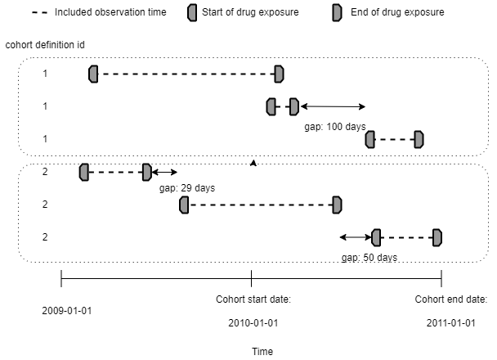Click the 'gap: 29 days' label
pyautogui.click(x=187, y=188)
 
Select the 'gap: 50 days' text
pyautogui.click(x=369, y=257)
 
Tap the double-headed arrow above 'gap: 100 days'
pyautogui.click(x=332, y=106)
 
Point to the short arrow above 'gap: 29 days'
pyautogui.click(x=164, y=172)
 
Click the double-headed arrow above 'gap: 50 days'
pyautogui.click(x=355, y=237)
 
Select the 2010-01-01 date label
pyautogui.click(x=253, y=323)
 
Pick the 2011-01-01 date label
pyautogui.click(x=450, y=323)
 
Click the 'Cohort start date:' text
pyautogui.click(x=253, y=299)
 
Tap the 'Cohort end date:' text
pyautogui.click(x=450, y=299)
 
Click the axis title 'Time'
pyautogui.click(x=262, y=351)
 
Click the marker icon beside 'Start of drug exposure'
pyautogui.click(x=191, y=12)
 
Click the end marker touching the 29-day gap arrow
pyautogui.click(x=147, y=172)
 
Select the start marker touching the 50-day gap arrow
pyautogui.click(x=376, y=237)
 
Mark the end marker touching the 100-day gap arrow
pyautogui.click(x=294, y=106)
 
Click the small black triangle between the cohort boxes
pyautogui.click(x=253, y=164)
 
